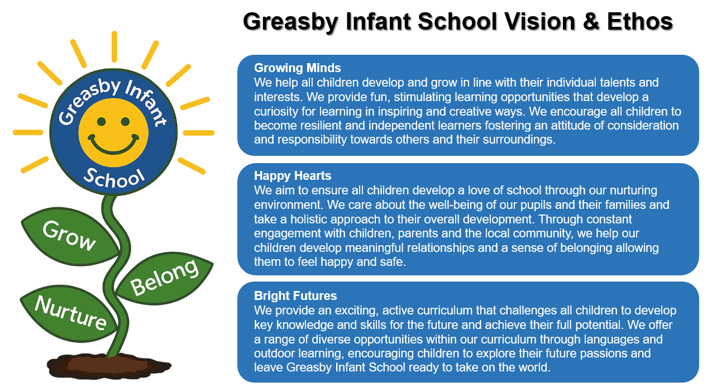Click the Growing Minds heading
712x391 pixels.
coord(297,68)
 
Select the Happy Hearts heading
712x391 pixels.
coord(293,176)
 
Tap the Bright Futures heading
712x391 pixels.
coord(295,295)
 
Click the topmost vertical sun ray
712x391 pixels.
coord(114,46)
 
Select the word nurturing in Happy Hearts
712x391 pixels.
coord(625,190)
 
